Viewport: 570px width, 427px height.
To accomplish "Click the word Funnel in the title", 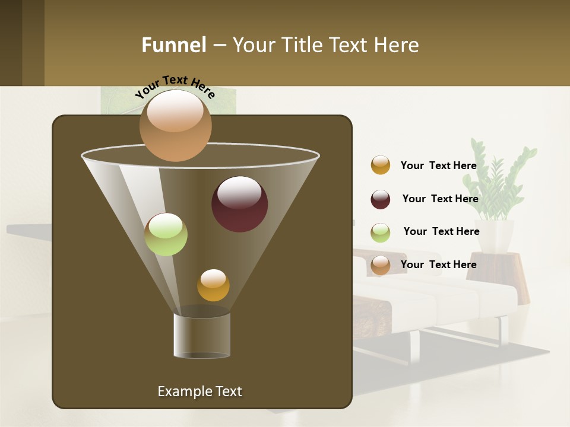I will pos(173,45).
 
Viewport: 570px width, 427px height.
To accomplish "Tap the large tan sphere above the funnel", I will pos(175,126).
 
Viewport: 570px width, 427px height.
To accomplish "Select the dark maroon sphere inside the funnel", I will pos(239,204).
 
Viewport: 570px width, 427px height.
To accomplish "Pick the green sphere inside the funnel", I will pos(166,234).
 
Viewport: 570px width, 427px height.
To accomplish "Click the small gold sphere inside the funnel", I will pos(213,285).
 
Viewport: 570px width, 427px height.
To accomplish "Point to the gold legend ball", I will pos(381,165).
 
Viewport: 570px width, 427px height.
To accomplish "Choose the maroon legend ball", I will pos(381,199).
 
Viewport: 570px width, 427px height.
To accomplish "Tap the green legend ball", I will pos(381,232).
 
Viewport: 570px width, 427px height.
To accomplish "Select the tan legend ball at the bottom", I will pos(381,265).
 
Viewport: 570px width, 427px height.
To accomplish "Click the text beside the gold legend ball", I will pos(438,165).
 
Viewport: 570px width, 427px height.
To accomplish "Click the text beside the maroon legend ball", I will pos(440,199).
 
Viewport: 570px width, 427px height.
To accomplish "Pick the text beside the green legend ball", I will pos(441,231).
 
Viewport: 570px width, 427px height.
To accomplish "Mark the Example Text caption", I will pos(199,391).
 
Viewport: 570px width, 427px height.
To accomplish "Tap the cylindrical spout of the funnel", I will pos(201,335).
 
